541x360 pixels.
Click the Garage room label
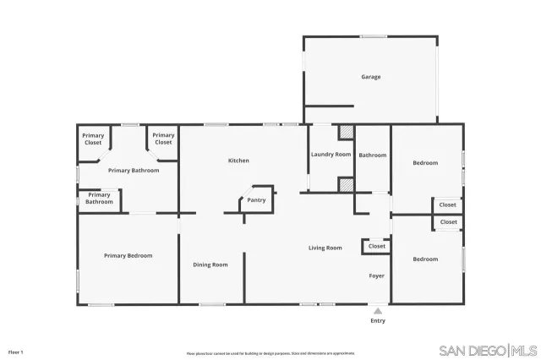point(371,77)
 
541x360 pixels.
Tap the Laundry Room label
point(331,155)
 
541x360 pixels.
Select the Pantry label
point(256,200)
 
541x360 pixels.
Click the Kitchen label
point(238,161)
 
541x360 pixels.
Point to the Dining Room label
point(210,265)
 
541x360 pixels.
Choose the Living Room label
point(325,248)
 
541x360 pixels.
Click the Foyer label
point(377,276)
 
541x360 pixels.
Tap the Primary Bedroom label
point(128,255)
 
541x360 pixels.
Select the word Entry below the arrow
point(378,321)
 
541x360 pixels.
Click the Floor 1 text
point(15,351)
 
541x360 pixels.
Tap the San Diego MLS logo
point(489,350)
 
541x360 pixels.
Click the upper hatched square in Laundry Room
point(346,133)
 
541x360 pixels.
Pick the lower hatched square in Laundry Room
point(345,185)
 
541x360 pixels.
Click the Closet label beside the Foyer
point(376,247)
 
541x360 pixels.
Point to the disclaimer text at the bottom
point(270,353)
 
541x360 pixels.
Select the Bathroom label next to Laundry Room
point(372,155)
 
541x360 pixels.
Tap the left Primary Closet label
point(93,139)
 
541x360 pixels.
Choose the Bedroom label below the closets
point(425,259)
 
